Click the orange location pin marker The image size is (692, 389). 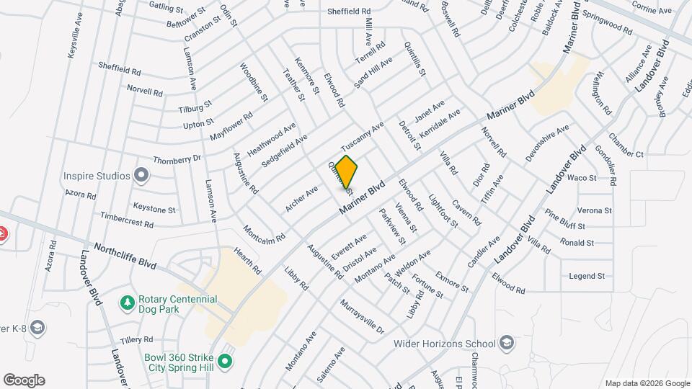pos(347,172)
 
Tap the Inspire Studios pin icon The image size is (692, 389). pos(142,176)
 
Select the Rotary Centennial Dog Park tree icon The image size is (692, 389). pos(128,301)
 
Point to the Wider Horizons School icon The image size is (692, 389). pos(507,343)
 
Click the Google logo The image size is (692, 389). pos(24,380)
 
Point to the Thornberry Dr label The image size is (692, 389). pos(176,158)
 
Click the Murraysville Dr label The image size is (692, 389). pos(363,316)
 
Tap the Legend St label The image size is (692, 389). pos(587,276)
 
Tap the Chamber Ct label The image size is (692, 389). pos(626,145)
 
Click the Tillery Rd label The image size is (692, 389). pos(137,339)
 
